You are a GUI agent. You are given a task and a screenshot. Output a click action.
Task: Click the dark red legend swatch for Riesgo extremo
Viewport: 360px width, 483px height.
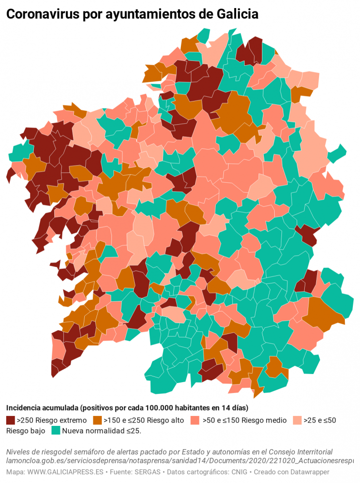click(x=10, y=420)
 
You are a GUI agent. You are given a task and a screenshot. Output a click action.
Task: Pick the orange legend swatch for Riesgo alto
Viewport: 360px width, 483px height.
click(x=97, y=420)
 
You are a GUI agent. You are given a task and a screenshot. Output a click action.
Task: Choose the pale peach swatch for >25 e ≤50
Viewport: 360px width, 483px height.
click(x=296, y=420)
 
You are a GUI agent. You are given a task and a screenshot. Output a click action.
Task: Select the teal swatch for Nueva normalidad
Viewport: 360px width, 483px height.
click(x=56, y=431)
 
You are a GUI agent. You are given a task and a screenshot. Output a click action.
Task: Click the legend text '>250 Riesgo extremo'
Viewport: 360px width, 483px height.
click(x=51, y=420)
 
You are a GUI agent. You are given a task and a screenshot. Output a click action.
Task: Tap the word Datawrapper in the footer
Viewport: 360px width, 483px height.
click(x=309, y=472)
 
